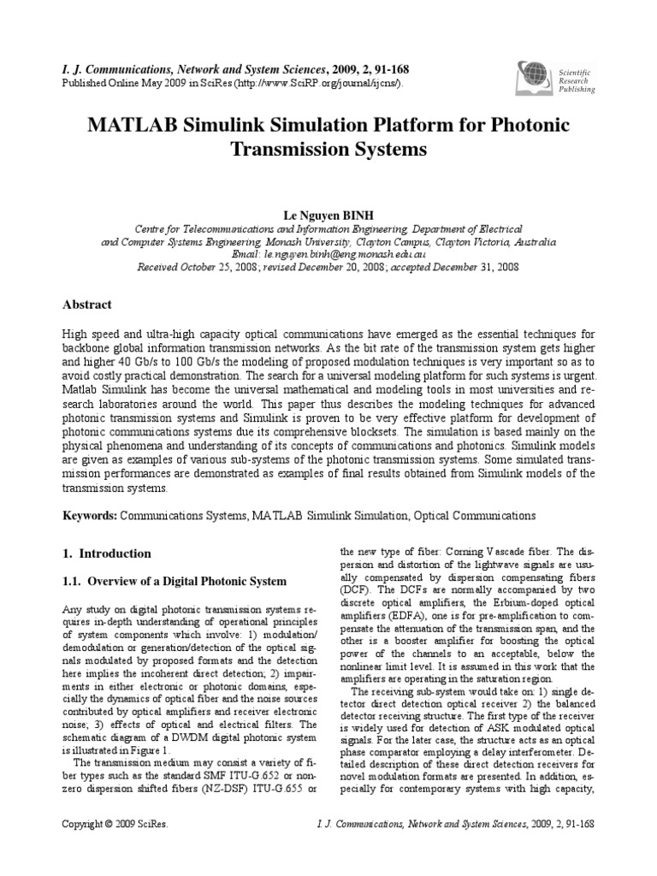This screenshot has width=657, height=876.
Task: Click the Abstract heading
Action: click(89, 304)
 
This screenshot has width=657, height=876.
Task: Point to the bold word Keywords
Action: click(90, 517)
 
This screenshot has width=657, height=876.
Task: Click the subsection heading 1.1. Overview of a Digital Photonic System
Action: click(176, 582)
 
